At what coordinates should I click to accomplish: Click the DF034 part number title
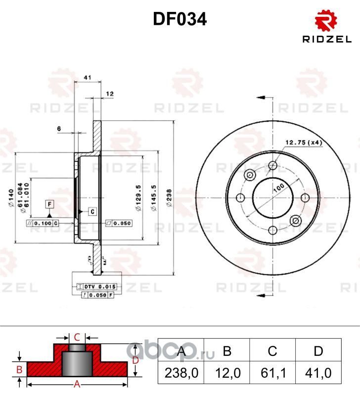coord(180,19)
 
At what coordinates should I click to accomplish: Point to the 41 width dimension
coord(87,78)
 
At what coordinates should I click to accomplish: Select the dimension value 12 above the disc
coord(110,93)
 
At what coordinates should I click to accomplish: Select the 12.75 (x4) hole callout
coord(303,143)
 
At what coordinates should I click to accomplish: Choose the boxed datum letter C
coord(91,211)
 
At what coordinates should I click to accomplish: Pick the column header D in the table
coord(318,351)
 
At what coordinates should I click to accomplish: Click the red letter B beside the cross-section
coord(19,369)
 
